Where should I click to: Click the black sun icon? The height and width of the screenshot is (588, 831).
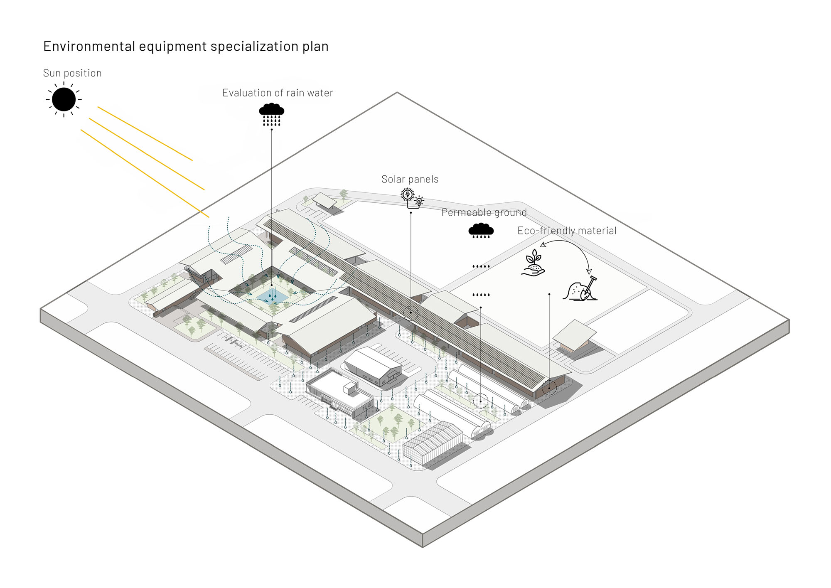[64, 100]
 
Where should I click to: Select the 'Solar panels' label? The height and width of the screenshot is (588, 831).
[410, 179]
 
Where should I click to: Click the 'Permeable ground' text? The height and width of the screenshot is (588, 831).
[484, 212]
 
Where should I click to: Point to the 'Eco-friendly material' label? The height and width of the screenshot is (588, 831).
[566, 231]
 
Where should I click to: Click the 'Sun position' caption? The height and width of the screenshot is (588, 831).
[72, 73]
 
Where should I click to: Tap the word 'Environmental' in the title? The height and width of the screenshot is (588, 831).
[89, 46]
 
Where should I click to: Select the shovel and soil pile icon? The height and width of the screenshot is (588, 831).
[580, 289]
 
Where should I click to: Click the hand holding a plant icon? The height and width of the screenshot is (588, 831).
[533, 263]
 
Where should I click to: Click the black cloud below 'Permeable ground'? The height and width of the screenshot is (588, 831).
[481, 231]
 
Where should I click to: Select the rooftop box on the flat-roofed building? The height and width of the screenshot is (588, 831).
[350, 389]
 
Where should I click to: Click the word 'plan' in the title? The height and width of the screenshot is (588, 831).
[315, 46]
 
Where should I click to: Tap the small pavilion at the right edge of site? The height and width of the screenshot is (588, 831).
[574, 335]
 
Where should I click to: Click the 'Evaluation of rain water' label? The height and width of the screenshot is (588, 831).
[278, 93]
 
